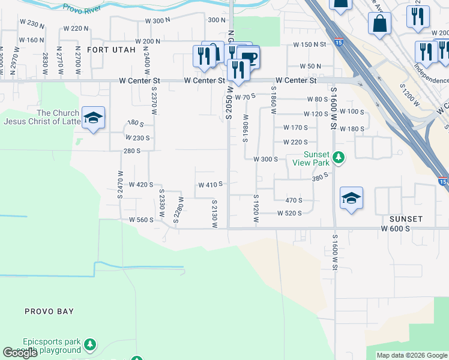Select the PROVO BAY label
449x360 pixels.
pyautogui.click(x=49, y=311)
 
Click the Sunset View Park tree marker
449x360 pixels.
pyautogui.click(x=339, y=157)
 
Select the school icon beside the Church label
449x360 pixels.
pyautogui.click(x=93, y=118)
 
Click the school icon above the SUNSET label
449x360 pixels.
pyautogui.click(x=351, y=199)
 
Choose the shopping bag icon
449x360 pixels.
pyautogui.click(x=379, y=24)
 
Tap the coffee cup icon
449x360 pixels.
pyautogui.click(x=249, y=58)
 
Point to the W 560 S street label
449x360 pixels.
pyautogui.click(x=142, y=220)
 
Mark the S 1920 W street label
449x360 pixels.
pyautogui.click(x=256, y=209)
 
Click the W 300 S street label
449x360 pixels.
pyautogui.click(x=265, y=160)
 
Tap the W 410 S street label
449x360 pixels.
pyautogui.click(x=211, y=184)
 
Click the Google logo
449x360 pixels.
pyautogui.click(x=20, y=353)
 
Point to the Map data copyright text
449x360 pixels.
pyautogui.click(x=412, y=355)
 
